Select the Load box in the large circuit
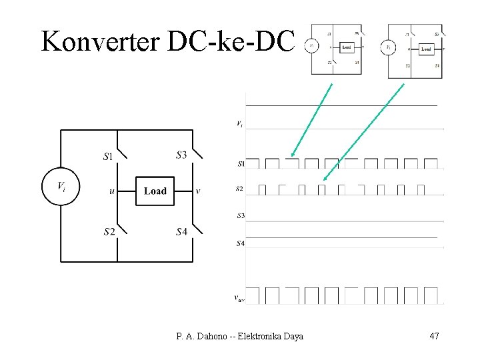coord(155,191)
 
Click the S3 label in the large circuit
coord(181,155)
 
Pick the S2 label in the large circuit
coord(109,233)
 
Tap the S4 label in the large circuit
coord(181,232)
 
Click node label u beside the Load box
coord(111,191)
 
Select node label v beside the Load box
coord(198,191)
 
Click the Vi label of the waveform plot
coord(239,123)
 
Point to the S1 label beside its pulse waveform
coord(241,163)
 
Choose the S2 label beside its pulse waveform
coord(239,189)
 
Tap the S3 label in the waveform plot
coord(240,215)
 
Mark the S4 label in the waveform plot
coord(240,243)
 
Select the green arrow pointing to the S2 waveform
coord(363,132)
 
